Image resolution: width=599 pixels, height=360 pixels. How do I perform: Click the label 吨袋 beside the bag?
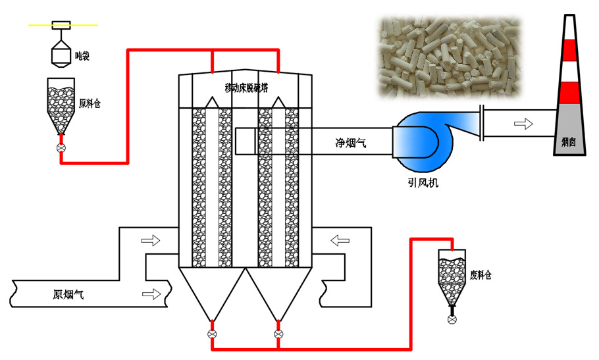[82, 57]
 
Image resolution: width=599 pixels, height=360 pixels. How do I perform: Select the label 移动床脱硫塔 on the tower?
[245, 88]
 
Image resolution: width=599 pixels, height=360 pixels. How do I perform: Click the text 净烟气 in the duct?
[350, 141]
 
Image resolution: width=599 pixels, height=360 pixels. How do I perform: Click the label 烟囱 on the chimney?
[569, 141]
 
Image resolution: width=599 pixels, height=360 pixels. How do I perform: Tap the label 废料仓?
[481, 275]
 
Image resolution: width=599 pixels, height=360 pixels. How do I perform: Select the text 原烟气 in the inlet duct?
[68, 295]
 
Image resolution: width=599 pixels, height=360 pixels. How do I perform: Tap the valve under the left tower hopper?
[212, 334]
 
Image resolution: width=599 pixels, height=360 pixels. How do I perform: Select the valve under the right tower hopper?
[278, 334]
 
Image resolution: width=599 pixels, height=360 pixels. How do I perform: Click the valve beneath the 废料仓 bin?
[452, 319]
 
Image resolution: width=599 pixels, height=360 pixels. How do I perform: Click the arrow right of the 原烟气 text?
[151, 294]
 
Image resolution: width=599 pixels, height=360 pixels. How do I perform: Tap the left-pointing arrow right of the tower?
[340, 240]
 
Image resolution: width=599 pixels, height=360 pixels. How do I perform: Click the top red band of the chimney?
[571, 48]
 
